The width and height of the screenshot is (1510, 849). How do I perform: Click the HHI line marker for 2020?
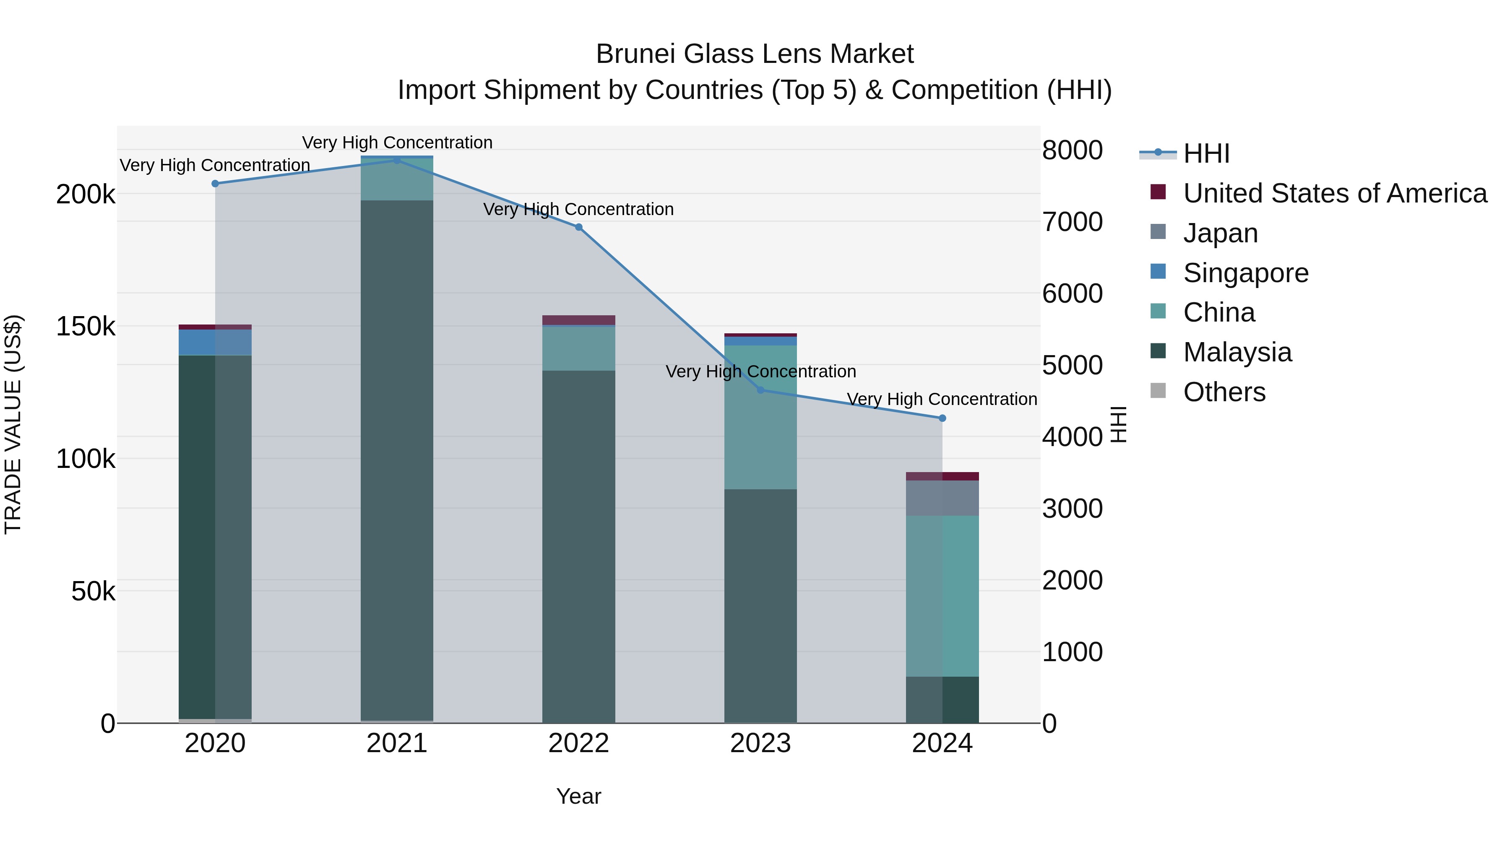pos(215,183)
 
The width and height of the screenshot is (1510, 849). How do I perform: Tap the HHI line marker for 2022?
pos(578,227)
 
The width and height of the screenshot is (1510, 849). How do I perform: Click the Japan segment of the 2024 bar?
pos(942,498)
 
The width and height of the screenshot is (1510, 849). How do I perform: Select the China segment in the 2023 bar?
pos(760,417)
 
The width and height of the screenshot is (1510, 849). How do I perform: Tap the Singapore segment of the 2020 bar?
pos(215,342)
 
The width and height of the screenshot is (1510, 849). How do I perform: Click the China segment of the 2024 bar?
pos(942,596)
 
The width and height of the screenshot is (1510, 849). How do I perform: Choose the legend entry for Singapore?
pos(1246,273)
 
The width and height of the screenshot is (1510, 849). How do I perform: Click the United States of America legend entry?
pos(1335,193)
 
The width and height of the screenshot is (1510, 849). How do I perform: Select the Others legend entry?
pos(1224,392)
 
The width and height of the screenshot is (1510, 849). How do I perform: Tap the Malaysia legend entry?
pos(1237,352)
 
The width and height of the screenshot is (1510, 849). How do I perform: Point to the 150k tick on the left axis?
pos(86,326)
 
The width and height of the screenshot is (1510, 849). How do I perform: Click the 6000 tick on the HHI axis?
pos(1072,293)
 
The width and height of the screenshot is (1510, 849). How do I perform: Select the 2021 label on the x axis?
pos(397,743)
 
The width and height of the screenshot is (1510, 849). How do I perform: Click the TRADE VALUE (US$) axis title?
pos(13,424)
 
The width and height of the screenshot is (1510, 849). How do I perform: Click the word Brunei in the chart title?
pos(635,54)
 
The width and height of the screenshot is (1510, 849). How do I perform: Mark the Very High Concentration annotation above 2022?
pos(578,209)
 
